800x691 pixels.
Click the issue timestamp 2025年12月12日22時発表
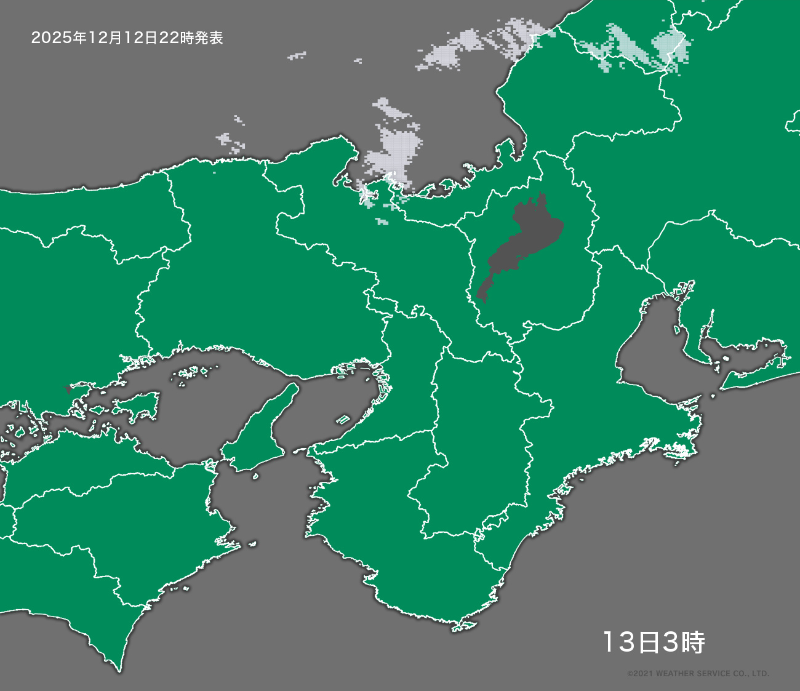tap(127, 38)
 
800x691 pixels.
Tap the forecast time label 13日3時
tap(653, 642)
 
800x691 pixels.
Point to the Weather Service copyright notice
tap(698, 674)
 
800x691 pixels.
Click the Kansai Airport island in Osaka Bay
tap(343, 420)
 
